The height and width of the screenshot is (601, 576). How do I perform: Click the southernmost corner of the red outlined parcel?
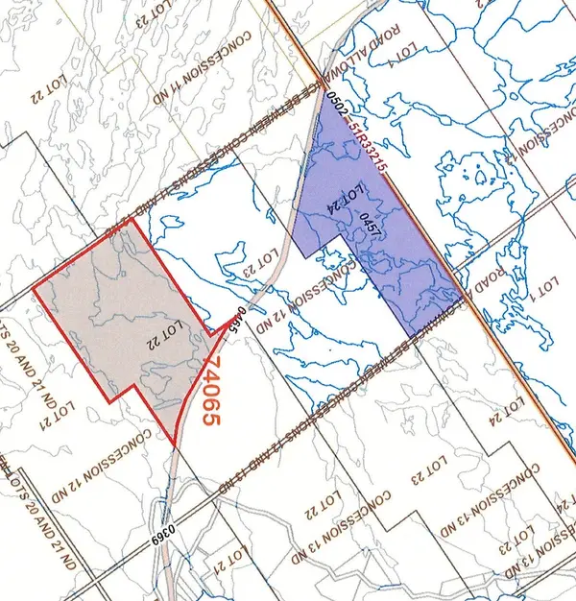(x=176, y=445)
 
